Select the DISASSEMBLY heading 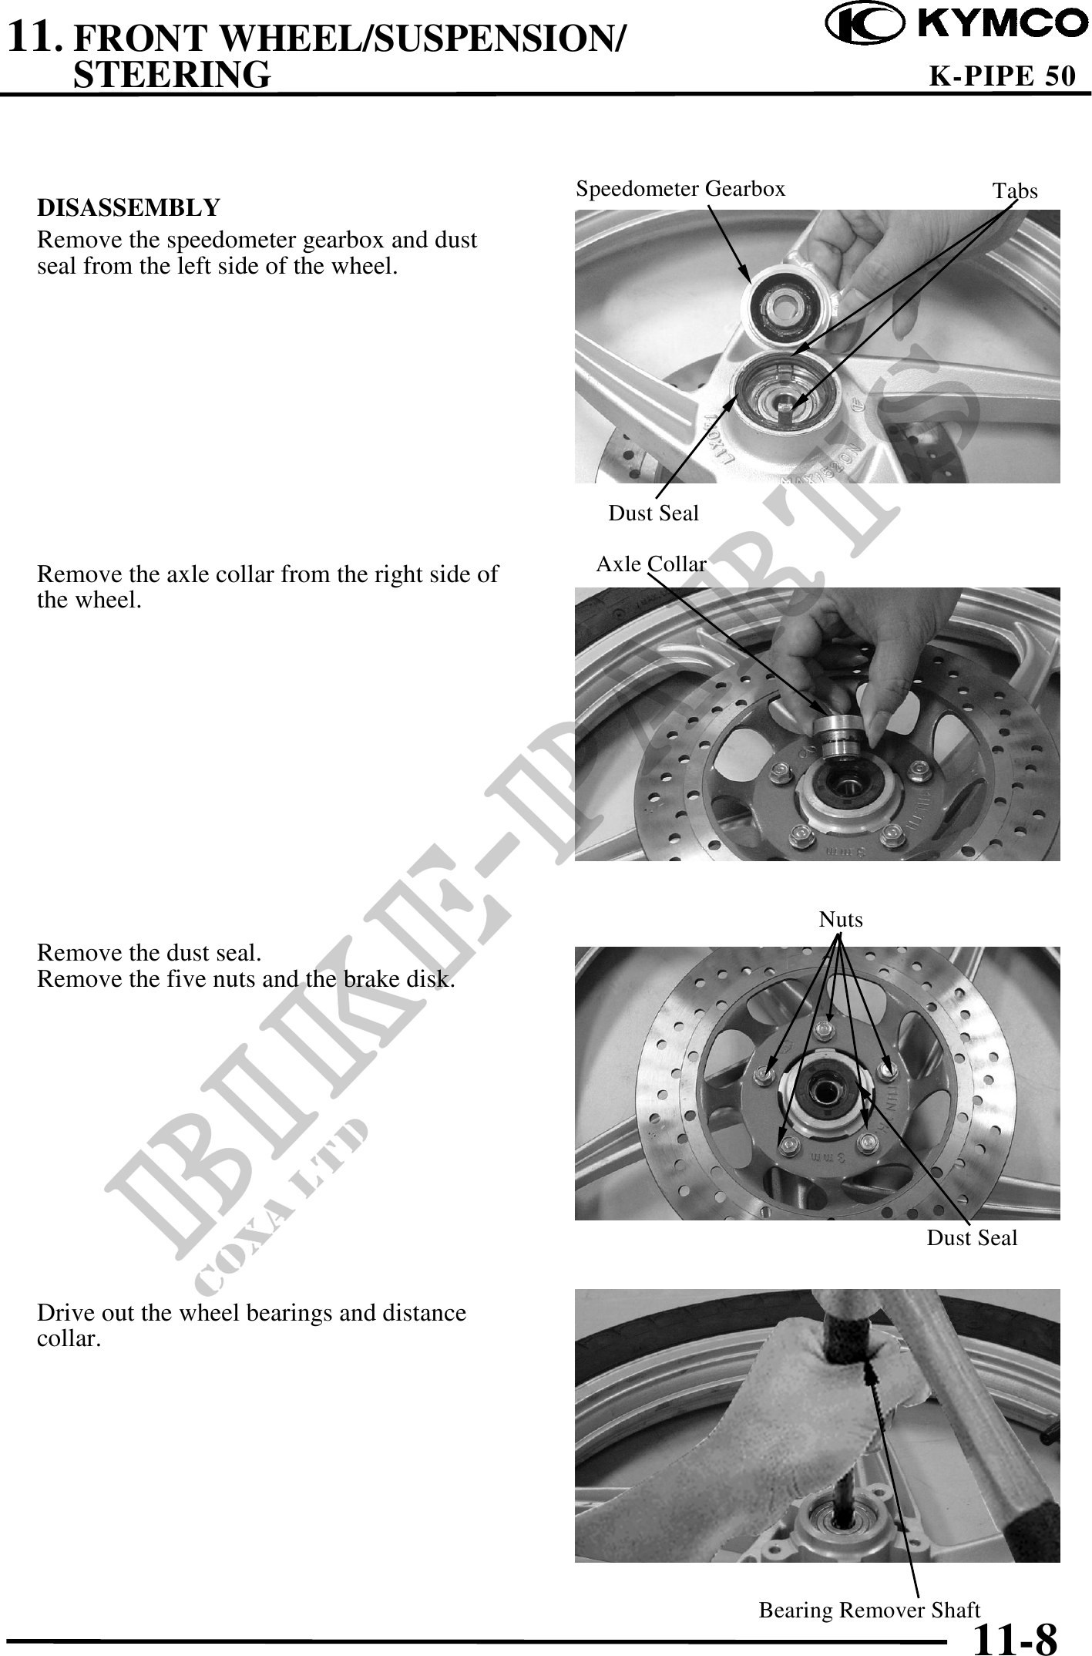(x=129, y=207)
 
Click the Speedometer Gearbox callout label (x=680, y=188)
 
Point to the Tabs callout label (x=1015, y=190)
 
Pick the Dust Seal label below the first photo (x=654, y=513)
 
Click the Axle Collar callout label (x=651, y=564)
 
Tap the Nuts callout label (x=841, y=919)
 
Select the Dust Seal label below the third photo (x=972, y=1237)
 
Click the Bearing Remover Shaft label (x=869, y=1610)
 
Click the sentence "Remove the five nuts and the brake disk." (x=246, y=979)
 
